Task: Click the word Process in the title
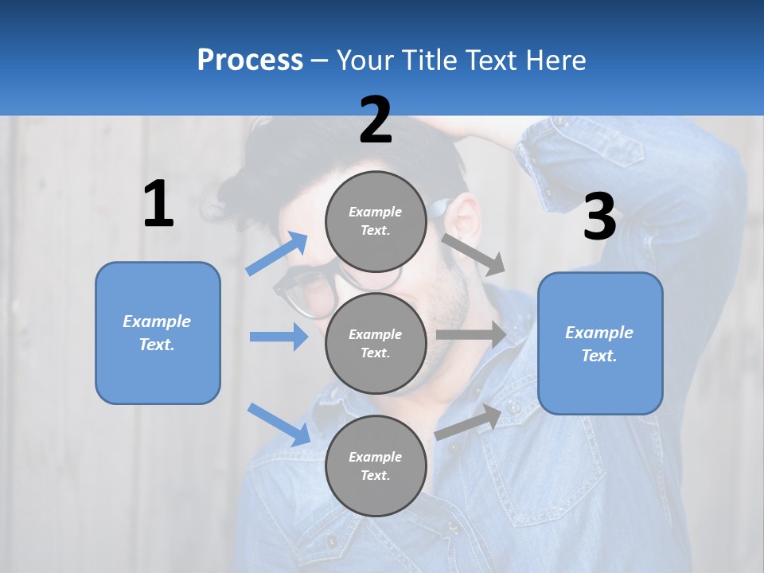[x=250, y=60]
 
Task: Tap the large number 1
[x=158, y=205]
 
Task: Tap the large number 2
[x=376, y=120]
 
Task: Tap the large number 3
[x=599, y=216]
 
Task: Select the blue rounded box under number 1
[x=158, y=333]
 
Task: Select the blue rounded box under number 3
[x=600, y=343]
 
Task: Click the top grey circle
[x=376, y=221]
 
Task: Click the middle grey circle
[x=376, y=343]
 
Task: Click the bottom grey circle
[x=376, y=466]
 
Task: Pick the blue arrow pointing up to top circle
[x=277, y=254]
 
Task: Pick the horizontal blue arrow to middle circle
[x=279, y=337]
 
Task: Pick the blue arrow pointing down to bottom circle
[x=279, y=423]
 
